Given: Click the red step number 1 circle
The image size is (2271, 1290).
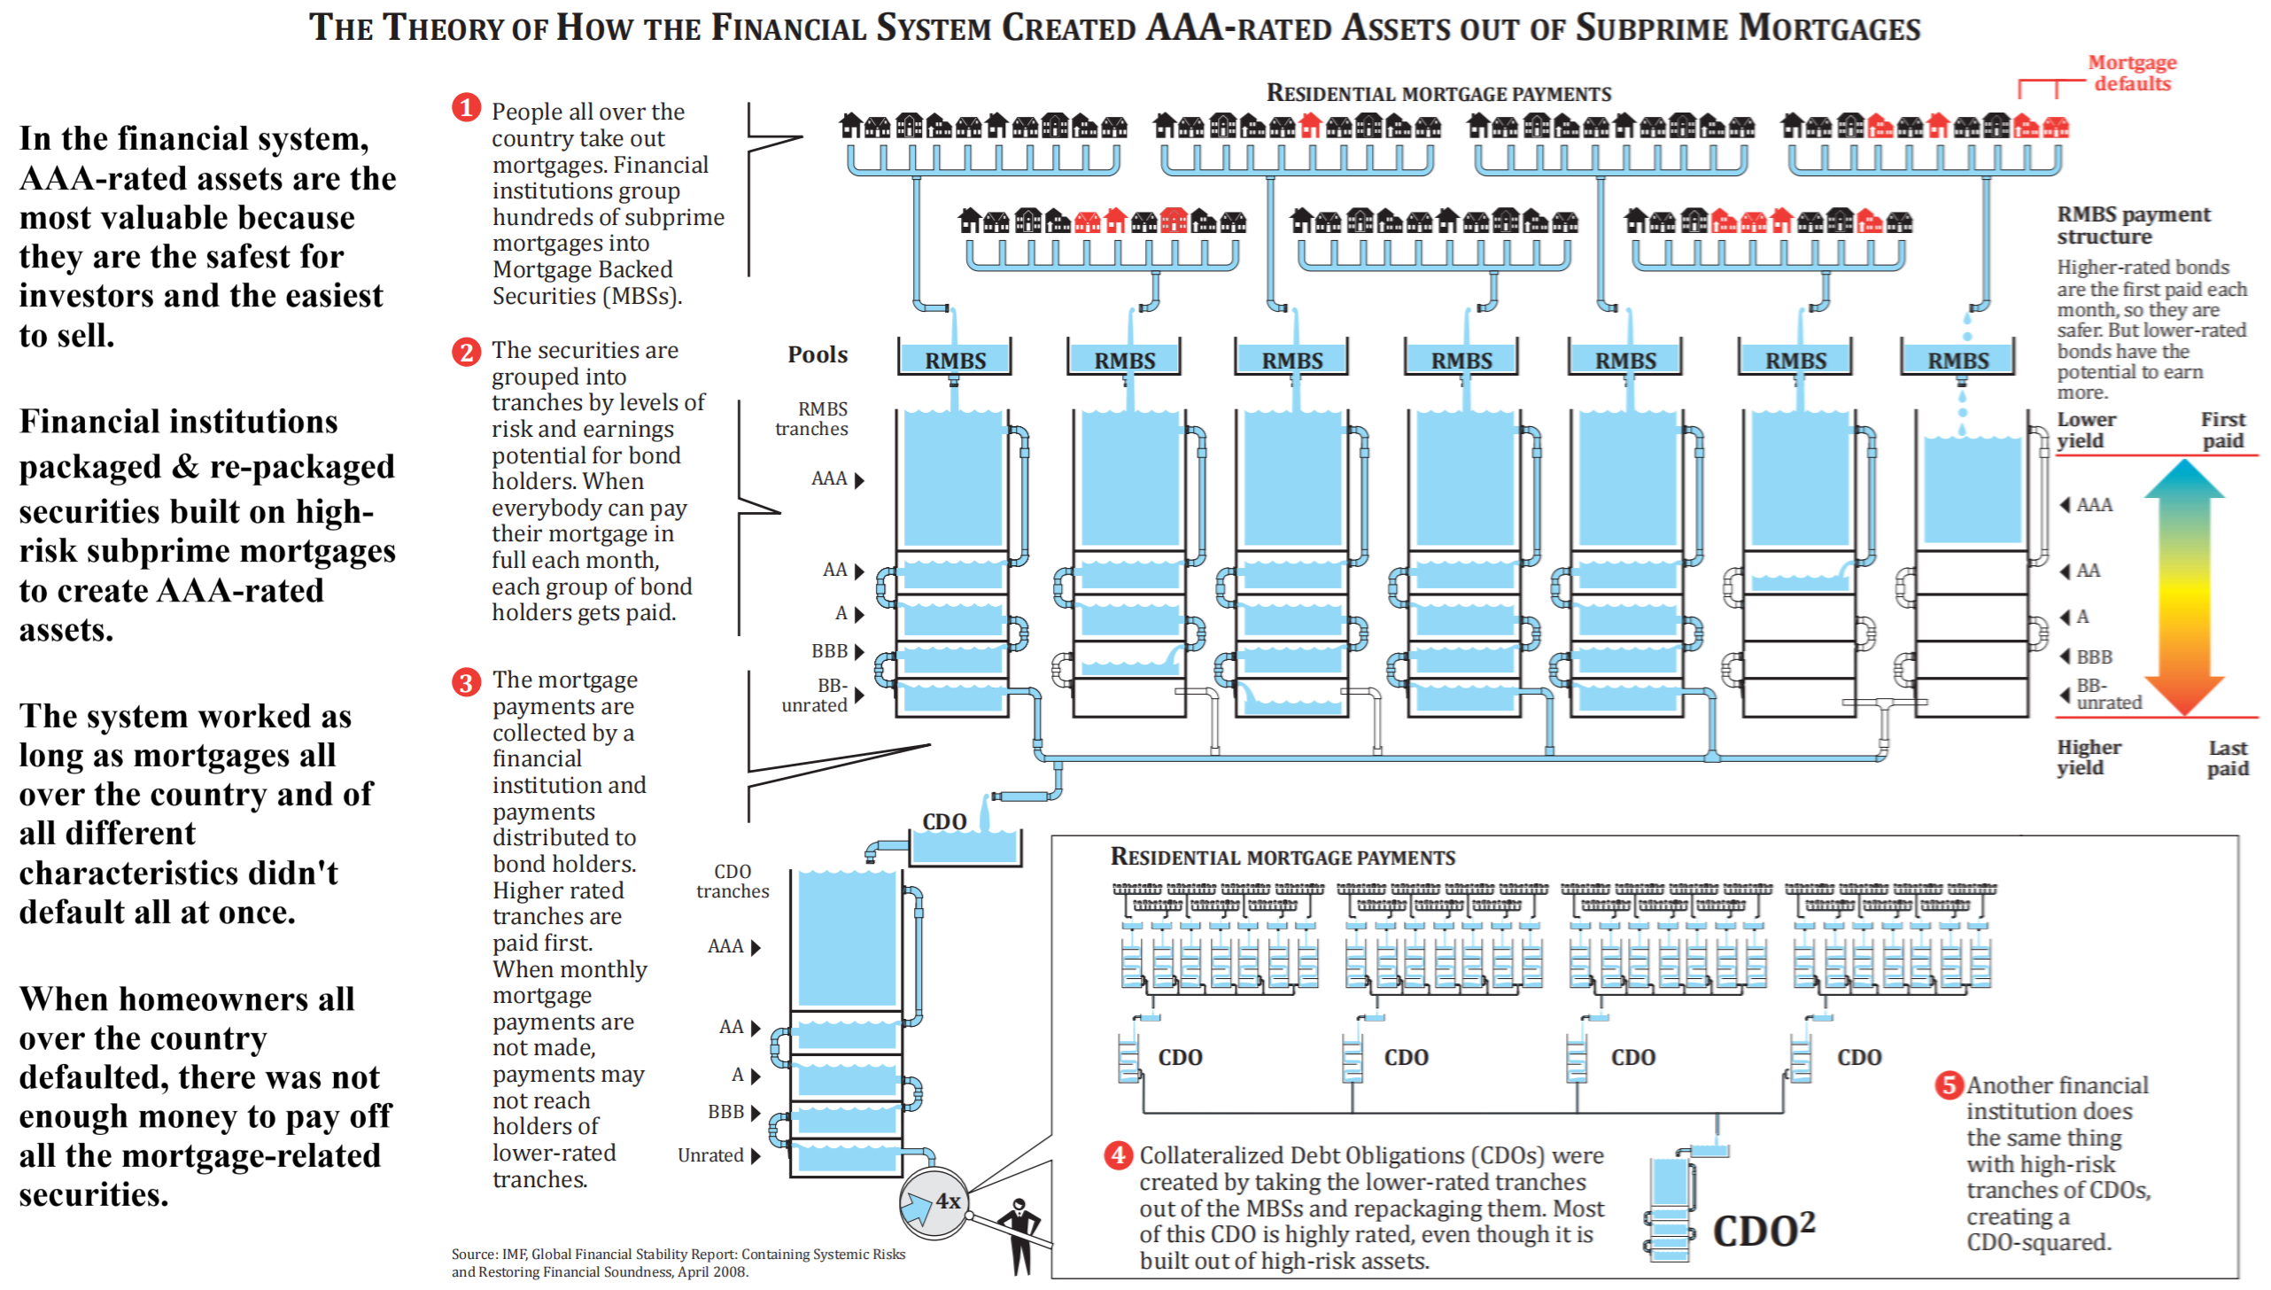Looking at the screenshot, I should (x=466, y=108).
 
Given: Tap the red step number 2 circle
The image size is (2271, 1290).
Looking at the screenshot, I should (x=466, y=352).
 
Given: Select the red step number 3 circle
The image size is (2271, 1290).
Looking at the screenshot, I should (x=466, y=682).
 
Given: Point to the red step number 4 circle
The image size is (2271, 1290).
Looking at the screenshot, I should (x=1118, y=1154).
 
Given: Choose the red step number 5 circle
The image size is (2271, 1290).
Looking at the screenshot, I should (x=1948, y=1084).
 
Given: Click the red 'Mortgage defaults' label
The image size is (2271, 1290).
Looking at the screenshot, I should (x=2131, y=73).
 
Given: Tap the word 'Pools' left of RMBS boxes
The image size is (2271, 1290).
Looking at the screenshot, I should (x=817, y=354).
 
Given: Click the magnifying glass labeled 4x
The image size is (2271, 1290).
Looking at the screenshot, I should (x=934, y=1202).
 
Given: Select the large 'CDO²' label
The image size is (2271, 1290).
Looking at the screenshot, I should (x=1763, y=1230).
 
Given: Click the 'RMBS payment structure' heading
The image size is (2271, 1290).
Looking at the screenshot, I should (x=2133, y=225).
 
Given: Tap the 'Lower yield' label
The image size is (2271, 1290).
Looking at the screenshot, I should (x=2085, y=430).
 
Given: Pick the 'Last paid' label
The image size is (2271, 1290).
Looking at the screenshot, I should (x=2227, y=758).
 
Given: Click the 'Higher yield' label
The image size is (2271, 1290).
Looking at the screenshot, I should (x=2088, y=758).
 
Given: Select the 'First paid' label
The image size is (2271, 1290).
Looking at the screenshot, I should (x=2222, y=430).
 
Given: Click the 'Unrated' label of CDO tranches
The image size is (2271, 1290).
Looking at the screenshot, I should (x=710, y=1155).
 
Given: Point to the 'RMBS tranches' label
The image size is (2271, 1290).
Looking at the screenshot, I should (x=812, y=419).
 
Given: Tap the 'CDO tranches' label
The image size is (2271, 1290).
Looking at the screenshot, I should (x=732, y=882).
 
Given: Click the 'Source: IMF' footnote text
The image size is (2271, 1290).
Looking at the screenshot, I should (x=678, y=1263).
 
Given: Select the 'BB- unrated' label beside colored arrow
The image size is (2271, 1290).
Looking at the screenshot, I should (x=2108, y=695).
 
